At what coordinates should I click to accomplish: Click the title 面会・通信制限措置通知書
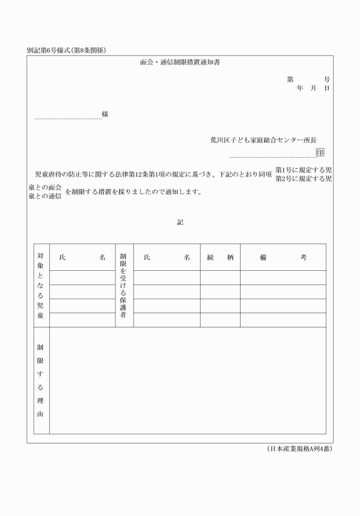180,62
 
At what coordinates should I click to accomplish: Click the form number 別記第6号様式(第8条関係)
67,50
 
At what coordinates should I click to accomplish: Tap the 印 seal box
320,153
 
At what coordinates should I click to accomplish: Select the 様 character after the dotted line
105,114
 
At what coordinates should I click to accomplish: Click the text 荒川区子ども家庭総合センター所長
263,140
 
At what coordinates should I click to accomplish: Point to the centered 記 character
180,222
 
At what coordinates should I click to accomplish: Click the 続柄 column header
220,258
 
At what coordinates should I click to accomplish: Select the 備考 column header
283,258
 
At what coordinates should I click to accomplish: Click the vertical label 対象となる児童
41,285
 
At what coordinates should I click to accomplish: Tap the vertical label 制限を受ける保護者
123,285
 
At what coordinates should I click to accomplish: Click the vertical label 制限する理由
41,380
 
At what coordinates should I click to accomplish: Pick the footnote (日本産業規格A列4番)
299,449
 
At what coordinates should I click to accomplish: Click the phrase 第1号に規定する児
303,170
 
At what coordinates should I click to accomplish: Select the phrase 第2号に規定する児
303,179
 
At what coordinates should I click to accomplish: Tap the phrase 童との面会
45,187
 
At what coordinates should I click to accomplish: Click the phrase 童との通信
45,196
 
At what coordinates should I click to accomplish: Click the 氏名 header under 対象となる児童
82,258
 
